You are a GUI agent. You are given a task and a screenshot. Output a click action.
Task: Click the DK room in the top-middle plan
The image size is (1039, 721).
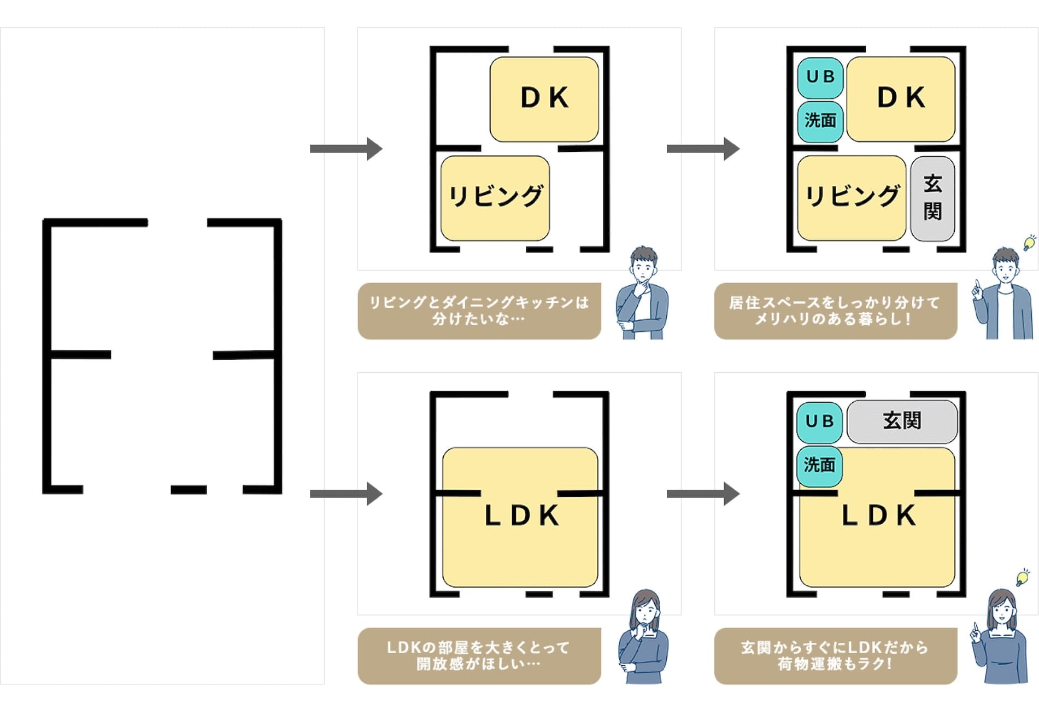[544, 99]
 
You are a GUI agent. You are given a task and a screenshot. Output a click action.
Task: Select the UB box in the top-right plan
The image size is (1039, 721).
[820, 78]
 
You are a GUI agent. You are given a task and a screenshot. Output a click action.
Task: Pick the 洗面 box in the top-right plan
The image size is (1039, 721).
[820, 121]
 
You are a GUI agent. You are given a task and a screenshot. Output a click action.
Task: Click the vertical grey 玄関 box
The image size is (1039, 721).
[932, 198]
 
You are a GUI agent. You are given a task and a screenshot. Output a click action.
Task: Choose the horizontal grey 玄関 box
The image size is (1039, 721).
[902, 421]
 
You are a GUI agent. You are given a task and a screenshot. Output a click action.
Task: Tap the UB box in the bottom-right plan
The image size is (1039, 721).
[819, 422]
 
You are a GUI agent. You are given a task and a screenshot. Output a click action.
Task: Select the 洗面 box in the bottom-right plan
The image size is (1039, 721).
[819, 465]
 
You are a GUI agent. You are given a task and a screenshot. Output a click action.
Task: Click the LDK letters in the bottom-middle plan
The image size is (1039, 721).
[522, 516]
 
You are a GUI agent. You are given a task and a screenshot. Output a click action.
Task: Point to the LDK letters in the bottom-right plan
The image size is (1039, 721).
[879, 516]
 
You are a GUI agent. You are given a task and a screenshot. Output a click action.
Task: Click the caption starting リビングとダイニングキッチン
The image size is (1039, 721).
[479, 310]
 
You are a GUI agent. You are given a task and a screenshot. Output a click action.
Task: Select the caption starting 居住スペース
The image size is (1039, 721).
[835, 310]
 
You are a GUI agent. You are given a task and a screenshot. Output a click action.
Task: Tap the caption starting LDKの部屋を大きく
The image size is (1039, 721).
[479, 655]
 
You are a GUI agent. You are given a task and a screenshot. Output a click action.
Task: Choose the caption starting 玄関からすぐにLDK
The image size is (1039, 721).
[835, 655]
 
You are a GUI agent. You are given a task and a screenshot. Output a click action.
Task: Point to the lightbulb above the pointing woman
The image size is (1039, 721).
[1022, 577]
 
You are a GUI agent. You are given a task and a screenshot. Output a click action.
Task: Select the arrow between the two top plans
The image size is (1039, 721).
[703, 149]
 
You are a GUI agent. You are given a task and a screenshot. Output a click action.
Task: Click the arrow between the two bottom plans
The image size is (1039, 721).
[703, 494]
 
